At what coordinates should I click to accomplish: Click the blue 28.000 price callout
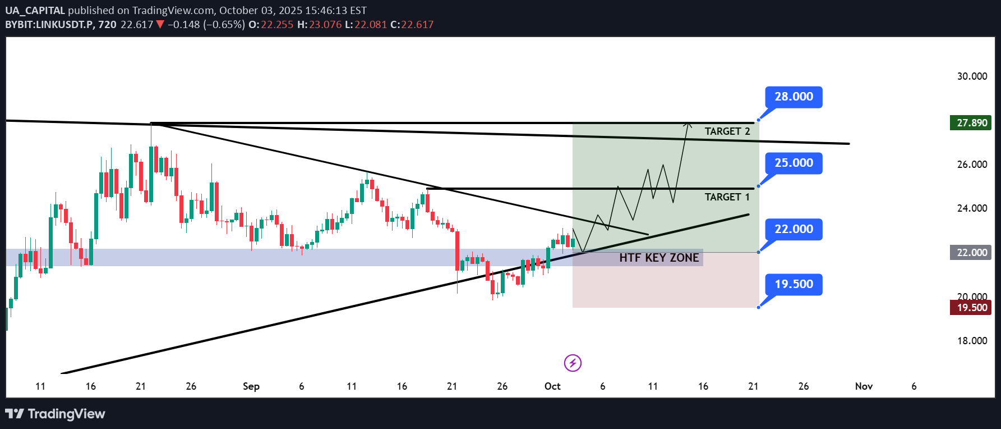(794, 97)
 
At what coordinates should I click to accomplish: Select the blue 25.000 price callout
(794, 163)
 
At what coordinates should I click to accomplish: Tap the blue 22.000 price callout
(794, 229)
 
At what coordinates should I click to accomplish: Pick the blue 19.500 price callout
(794, 284)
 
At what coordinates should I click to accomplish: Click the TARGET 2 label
(727, 131)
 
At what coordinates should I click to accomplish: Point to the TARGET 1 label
(727, 197)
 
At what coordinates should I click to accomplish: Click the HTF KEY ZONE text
(659, 258)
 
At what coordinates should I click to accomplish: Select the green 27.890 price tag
(971, 123)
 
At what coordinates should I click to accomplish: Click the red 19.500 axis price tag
(971, 308)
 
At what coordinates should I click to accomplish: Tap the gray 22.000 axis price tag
(971, 253)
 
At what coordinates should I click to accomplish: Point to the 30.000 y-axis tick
(972, 76)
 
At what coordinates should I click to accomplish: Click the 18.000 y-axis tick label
(972, 341)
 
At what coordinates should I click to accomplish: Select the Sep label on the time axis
(251, 386)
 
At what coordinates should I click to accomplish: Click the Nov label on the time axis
(864, 386)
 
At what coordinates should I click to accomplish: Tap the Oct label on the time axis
(552, 386)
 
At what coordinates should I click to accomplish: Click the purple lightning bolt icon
(573, 363)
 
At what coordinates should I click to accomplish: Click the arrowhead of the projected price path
(688, 124)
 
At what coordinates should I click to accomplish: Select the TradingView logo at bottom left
(55, 414)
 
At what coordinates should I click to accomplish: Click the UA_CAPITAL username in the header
(35, 11)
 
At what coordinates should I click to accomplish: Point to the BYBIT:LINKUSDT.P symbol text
(49, 25)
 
